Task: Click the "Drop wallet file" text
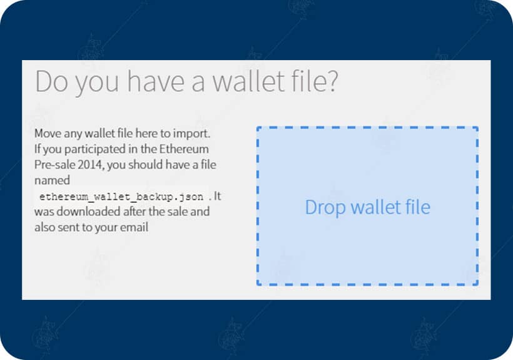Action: coord(367,207)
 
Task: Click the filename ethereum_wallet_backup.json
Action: coord(121,197)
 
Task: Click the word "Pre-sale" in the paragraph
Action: coord(56,165)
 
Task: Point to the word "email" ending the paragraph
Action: coord(136,227)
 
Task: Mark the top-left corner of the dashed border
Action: coord(257,128)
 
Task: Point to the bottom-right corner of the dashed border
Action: coord(477,285)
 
